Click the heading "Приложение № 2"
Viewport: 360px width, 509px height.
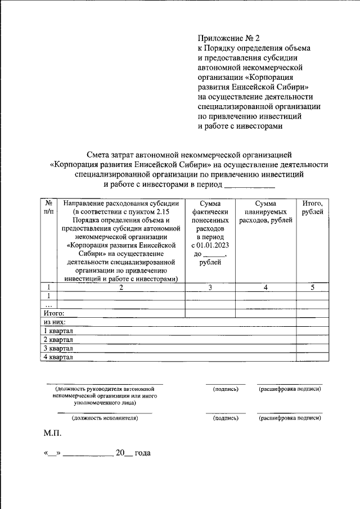(229, 38)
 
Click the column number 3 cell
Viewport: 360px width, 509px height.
(210, 287)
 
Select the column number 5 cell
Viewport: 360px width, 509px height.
(313, 287)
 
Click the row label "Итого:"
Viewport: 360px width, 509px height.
(54, 313)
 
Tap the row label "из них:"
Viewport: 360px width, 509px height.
(55, 322)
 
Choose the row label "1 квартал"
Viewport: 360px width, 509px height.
(58, 331)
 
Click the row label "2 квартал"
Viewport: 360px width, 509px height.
(58, 339)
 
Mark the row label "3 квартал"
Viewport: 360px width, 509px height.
(58, 348)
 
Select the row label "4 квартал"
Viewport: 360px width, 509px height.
(58, 356)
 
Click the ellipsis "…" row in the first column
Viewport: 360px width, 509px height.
(49, 304)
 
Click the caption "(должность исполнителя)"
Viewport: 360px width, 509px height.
(104, 418)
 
